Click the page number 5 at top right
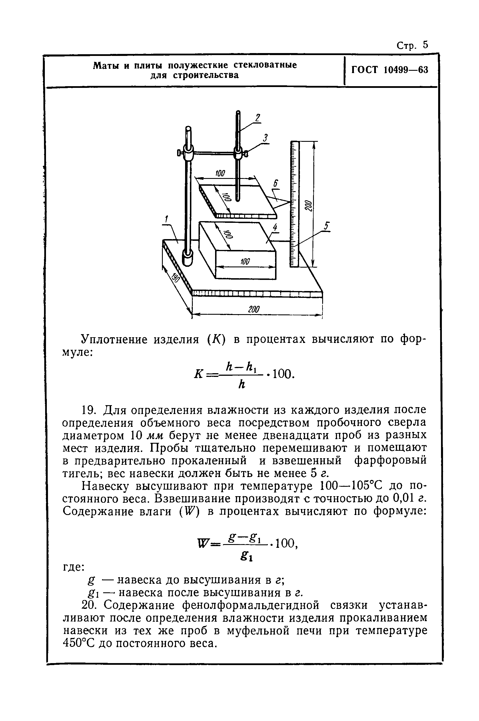426,45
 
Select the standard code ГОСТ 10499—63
390,70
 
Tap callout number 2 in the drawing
258,118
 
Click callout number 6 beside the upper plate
276,184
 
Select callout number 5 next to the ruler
327,226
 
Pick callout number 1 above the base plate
167,219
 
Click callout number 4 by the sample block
275,227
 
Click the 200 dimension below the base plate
254,309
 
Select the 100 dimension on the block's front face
245,261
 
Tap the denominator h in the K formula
241,385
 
